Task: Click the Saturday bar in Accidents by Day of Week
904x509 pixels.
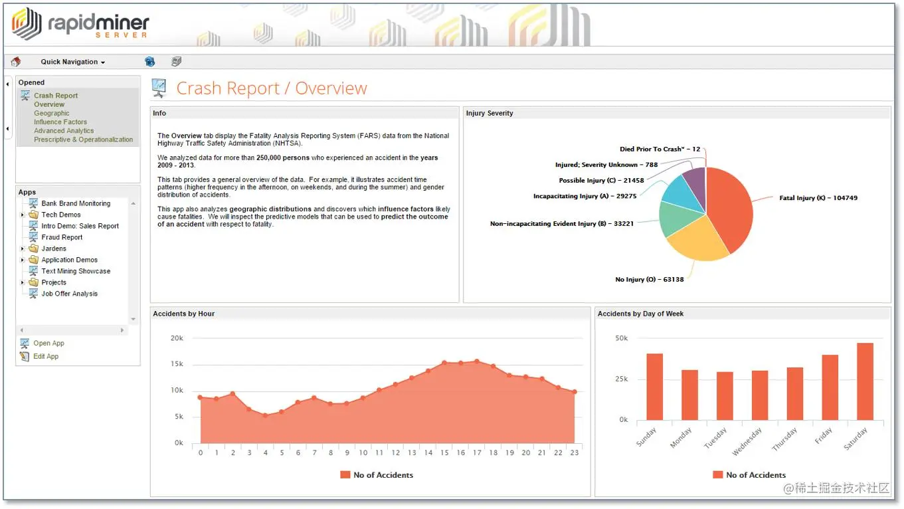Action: (x=865, y=381)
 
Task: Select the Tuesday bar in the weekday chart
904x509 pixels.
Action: (x=725, y=396)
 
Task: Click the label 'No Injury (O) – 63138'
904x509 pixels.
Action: (x=649, y=280)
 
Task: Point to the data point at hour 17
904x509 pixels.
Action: (x=477, y=361)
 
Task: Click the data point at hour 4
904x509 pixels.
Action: (x=266, y=415)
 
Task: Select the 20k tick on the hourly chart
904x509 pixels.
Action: (x=177, y=338)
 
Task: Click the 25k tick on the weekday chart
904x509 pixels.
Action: (x=621, y=379)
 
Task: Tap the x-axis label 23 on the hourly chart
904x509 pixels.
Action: (x=575, y=453)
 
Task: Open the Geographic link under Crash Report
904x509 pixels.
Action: (x=52, y=114)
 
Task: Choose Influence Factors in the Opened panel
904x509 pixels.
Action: (x=60, y=122)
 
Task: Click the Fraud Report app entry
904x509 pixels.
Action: (x=62, y=237)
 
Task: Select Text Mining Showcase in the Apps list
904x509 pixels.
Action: (x=76, y=271)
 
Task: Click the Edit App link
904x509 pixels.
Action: (x=46, y=357)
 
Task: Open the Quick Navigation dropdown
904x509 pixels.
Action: (x=72, y=62)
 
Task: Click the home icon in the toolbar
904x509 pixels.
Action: (x=16, y=62)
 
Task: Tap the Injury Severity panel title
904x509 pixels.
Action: (x=490, y=114)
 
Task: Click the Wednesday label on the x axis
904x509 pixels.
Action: (x=748, y=441)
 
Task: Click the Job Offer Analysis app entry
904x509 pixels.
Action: (x=69, y=294)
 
